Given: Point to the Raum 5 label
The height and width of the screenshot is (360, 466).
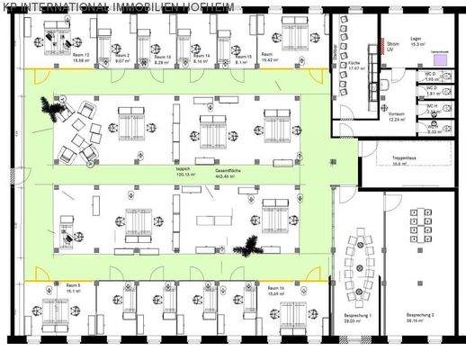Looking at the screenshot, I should click(x=73, y=288).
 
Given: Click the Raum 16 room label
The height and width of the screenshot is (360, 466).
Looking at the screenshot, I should click(x=275, y=288).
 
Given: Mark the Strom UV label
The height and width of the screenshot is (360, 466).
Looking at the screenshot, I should click(x=392, y=45).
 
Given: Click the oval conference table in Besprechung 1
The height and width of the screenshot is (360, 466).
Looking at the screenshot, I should click(x=362, y=262).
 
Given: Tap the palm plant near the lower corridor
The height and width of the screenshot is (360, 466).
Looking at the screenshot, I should click(x=244, y=245).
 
